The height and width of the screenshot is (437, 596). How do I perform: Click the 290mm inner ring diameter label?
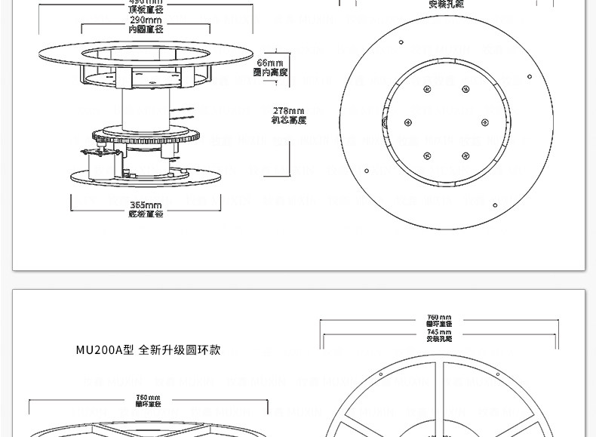pos(145,23)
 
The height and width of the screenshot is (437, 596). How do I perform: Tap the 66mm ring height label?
pos(270,67)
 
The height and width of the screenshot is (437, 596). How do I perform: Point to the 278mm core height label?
pos(288,115)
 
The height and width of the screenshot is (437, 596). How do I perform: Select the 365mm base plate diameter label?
pos(146,209)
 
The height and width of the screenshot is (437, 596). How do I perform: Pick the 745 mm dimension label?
pos(439,335)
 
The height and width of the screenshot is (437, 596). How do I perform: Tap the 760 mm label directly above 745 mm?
pos(439,320)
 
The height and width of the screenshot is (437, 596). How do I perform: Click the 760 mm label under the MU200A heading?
pos(148,401)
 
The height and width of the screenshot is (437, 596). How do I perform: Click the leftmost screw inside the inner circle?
pos(408,122)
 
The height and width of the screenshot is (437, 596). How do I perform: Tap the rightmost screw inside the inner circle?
pos(484,122)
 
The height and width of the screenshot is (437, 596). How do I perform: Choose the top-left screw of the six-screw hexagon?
pos(427,89)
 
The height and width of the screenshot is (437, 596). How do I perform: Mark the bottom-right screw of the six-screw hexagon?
pos(465,156)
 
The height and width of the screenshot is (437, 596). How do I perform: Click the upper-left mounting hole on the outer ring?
pos(401,42)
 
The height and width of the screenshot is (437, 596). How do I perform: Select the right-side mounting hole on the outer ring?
pos(530,76)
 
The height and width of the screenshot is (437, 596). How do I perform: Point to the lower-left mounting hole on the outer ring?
pos(367,171)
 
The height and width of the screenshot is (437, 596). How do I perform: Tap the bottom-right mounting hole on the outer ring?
pos(495,205)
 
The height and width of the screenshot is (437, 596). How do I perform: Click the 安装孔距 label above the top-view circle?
pos(446,5)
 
